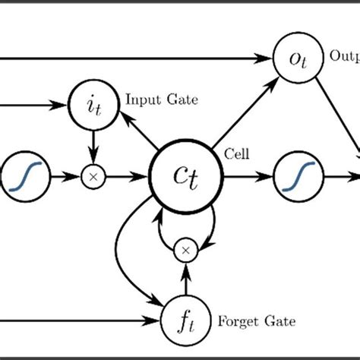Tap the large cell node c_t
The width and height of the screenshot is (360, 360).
point(187,177)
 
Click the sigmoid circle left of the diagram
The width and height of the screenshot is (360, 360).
point(26,177)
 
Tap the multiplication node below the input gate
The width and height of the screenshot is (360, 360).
point(93,177)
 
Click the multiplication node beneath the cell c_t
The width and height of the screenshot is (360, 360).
point(186,248)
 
